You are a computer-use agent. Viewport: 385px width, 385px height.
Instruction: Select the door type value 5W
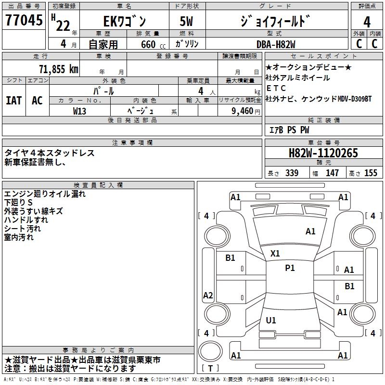(x=187, y=22)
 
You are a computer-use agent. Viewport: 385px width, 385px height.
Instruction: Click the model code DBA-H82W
(x=279, y=44)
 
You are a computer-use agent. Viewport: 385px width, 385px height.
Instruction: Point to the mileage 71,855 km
(x=58, y=69)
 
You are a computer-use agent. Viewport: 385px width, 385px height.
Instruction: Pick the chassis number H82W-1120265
(x=323, y=153)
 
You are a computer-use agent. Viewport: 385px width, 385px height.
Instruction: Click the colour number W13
(x=79, y=111)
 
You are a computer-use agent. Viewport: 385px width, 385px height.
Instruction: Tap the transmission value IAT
(x=14, y=101)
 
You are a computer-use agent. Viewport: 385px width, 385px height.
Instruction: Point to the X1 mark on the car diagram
(x=275, y=253)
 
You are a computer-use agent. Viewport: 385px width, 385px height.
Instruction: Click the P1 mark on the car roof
(x=290, y=268)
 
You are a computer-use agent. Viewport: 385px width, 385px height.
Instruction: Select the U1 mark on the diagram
(x=271, y=321)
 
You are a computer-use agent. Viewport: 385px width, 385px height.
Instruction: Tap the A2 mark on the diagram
(x=208, y=295)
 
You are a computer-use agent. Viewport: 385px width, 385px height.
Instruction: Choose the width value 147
(x=332, y=173)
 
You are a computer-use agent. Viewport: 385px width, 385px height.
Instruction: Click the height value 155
(x=371, y=173)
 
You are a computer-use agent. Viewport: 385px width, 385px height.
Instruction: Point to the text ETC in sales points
(x=276, y=88)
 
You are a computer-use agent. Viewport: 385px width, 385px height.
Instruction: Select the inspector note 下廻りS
(x=19, y=203)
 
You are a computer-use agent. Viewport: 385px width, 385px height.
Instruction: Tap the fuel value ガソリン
(x=187, y=44)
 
